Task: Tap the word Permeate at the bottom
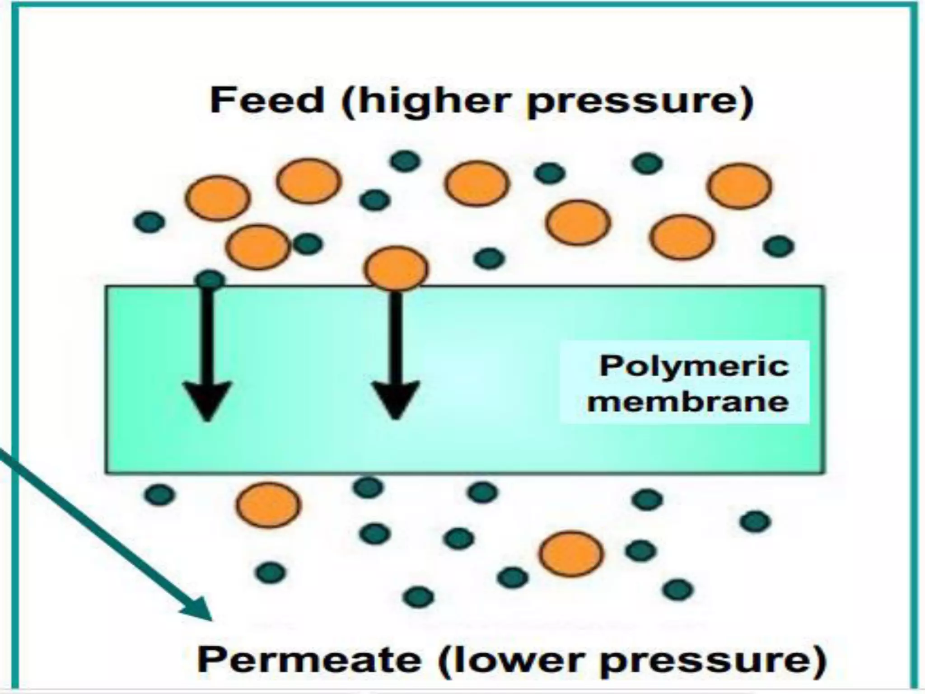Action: pos(309,660)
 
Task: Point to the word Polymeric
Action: pos(694,366)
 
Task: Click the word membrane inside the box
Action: pos(688,401)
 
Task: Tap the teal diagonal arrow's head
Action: pos(199,610)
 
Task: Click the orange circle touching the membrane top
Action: pos(396,268)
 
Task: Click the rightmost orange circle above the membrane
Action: pos(739,186)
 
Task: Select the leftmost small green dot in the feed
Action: pos(149,222)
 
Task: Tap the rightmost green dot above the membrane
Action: pos(778,246)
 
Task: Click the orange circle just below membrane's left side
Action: pos(268,504)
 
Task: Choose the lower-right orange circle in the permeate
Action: pos(571,553)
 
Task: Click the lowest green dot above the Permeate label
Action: pos(419,597)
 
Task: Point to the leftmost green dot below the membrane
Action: pos(159,494)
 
